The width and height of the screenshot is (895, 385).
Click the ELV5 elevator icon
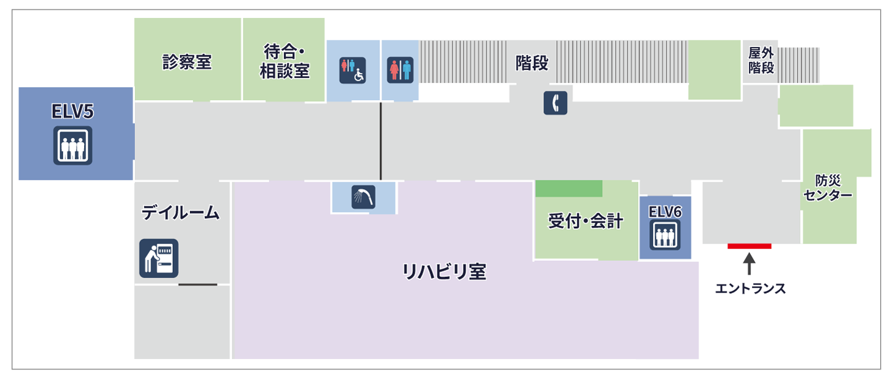point(72,145)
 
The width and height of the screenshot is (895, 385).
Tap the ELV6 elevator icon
point(665,234)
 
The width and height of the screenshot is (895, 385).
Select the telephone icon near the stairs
point(555,103)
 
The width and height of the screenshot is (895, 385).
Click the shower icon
point(363,197)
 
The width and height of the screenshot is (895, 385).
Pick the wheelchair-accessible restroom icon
point(352,70)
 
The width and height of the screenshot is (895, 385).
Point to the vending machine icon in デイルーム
point(158,258)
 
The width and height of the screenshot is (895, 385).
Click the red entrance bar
point(749,246)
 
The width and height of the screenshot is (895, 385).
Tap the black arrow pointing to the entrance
point(749,264)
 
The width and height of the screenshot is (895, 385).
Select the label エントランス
point(750,288)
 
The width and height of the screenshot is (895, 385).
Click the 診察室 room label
point(187,62)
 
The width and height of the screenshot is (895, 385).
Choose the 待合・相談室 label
point(284,61)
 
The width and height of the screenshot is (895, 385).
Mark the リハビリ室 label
point(443,271)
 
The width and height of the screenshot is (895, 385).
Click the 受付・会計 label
point(585,221)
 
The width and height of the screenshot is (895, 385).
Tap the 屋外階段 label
point(761,61)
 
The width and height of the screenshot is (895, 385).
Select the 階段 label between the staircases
point(532,62)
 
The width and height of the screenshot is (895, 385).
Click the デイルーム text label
point(181,213)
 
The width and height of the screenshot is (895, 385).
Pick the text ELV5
point(72,112)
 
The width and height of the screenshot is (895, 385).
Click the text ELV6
point(665,211)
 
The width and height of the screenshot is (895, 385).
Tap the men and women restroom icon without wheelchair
point(399,70)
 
